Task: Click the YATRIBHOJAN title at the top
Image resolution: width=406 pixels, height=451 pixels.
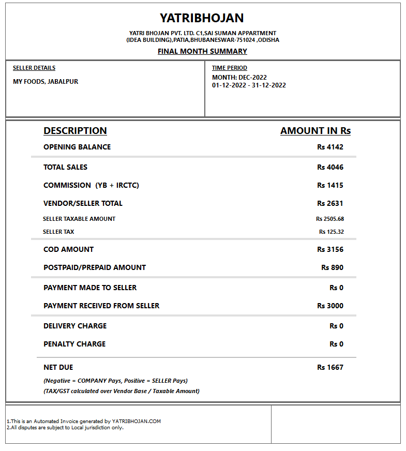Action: click(x=202, y=18)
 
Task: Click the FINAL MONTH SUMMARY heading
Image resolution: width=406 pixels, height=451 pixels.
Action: click(x=202, y=51)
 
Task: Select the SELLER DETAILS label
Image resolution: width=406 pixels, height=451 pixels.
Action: click(x=34, y=68)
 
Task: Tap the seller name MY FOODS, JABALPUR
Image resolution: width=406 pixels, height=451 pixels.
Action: click(x=46, y=81)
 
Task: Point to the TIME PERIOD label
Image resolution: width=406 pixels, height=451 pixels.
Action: click(x=230, y=68)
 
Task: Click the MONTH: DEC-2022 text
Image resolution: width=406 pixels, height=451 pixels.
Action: click(x=239, y=78)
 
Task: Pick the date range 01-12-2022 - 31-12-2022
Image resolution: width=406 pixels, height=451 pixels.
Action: click(x=249, y=85)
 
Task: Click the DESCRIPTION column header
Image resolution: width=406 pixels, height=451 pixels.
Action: click(x=75, y=131)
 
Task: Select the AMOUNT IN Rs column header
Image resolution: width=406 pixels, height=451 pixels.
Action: click(x=315, y=131)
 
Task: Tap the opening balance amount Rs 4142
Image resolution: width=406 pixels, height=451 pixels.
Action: click(x=330, y=147)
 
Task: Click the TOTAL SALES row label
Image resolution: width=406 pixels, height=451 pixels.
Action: click(x=66, y=167)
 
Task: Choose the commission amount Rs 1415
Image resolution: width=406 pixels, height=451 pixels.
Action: click(x=330, y=185)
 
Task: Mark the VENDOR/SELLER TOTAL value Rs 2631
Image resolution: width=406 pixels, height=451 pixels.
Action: click(x=330, y=203)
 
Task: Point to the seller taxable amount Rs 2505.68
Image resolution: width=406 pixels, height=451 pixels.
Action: click(x=330, y=219)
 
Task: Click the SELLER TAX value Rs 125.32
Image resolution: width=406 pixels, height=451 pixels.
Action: click(x=332, y=232)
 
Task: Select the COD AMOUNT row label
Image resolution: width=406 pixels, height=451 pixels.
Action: click(x=69, y=249)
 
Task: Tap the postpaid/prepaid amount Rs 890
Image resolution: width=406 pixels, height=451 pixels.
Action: click(x=332, y=267)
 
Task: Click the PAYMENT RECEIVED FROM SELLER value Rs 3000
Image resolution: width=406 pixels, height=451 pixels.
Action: click(x=330, y=306)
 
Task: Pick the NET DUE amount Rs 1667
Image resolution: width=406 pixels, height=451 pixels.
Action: click(x=330, y=367)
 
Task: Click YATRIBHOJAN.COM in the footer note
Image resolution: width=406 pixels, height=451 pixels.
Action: click(x=137, y=422)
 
